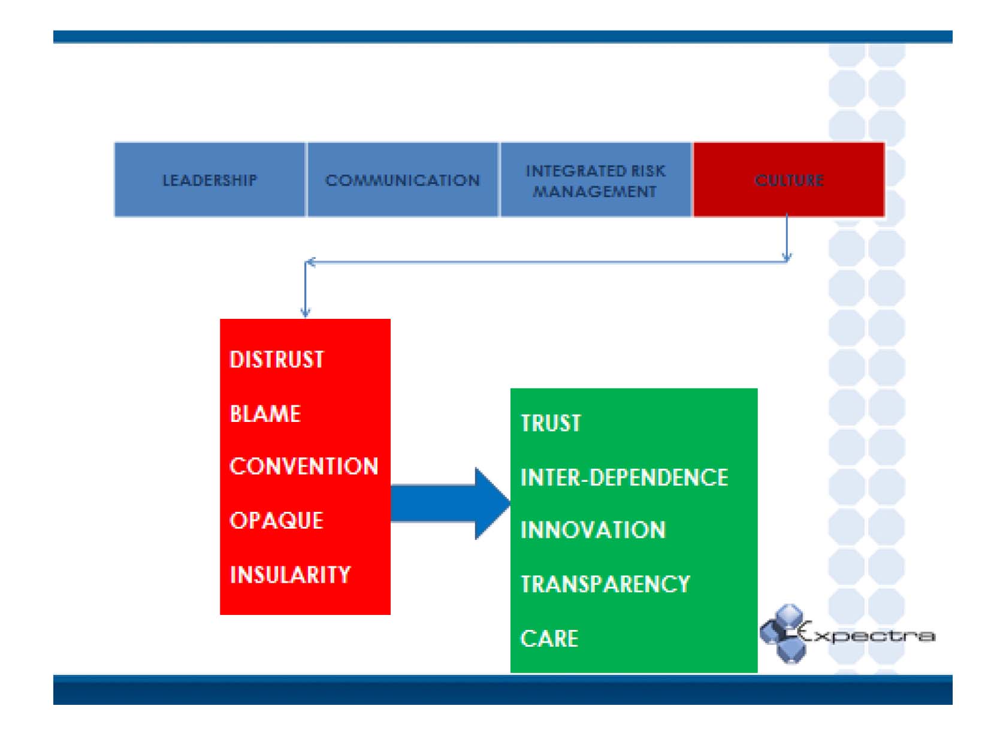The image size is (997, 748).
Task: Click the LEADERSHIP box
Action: pyautogui.click(x=210, y=180)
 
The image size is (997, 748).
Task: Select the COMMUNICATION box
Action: pyautogui.click(x=403, y=180)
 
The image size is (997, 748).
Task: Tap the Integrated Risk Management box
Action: pyautogui.click(x=595, y=180)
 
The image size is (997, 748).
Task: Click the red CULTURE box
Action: pyautogui.click(x=788, y=180)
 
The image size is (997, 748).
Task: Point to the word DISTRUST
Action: pyautogui.click(x=277, y=360)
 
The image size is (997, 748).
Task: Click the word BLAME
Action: pyautogui.click(x=265, y=414)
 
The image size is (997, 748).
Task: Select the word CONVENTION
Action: pyautogui.click(x=304, y=466)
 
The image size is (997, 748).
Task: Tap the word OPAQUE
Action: pyautogui.click(x=276, y=520)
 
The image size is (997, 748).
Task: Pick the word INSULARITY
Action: pyautogui.click(x=290, y=575)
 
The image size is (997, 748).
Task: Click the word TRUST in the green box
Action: pyautogui.click(x=551, y=423)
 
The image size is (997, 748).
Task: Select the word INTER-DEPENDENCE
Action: pyautogui.click(x=624, y=478)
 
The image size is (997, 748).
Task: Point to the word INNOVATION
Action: pyautogui.click(x=593, y=530)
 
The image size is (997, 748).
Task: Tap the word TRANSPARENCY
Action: pyautogui.click(x=605, y=584)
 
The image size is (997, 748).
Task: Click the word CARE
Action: pyautogui.click(x=549, y=638)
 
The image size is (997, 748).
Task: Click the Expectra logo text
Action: pyautogui.click(x=869, y=635)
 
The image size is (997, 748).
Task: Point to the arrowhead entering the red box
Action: pyautogui.click(x=306, y=311)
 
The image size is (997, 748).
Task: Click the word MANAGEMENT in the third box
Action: pyautogui.click(x=595, y=192)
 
